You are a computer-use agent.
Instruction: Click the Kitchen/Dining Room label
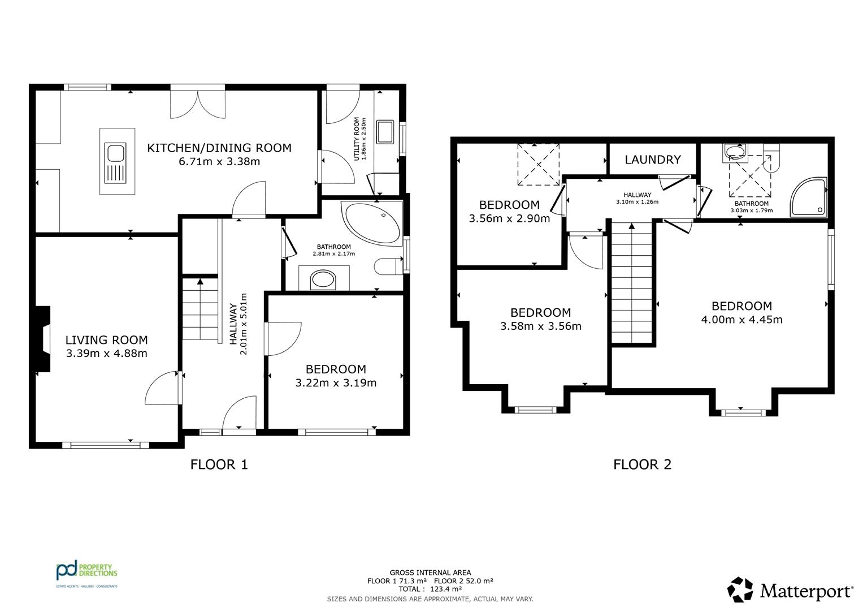[219, 148]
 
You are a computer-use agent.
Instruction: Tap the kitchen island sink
[115, 163]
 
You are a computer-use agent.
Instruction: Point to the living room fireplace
[43, 339]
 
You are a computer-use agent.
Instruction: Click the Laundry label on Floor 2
[653, 160]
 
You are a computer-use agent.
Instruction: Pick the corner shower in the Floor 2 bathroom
[809, 197]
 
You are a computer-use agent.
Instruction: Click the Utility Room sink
[385, 131]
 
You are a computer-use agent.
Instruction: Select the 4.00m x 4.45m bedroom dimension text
[741, 320]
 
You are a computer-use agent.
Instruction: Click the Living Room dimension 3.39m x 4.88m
[107, 354]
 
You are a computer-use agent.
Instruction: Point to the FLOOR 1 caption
[219, 464]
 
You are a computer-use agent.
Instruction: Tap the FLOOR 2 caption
[642, 464]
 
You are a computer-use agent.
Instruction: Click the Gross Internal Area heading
[430, 573]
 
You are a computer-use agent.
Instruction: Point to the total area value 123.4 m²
[446, 589]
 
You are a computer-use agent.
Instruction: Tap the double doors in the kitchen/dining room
[198, 104]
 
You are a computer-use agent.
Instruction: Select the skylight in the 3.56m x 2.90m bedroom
[539, 164]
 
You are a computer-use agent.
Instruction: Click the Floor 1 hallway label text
[233, 324]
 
